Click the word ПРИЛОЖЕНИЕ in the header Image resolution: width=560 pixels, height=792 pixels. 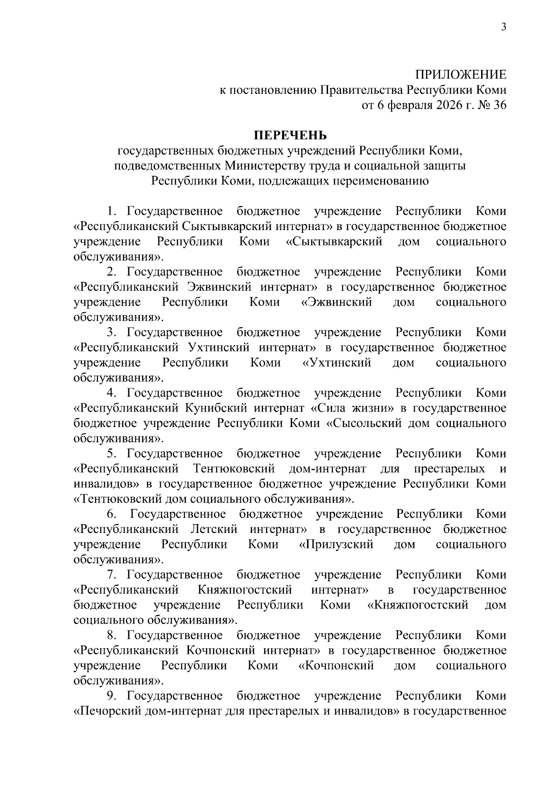pos(461,75)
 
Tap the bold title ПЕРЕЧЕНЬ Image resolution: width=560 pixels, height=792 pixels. pos(290,136)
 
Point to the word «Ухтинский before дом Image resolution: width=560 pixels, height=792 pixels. pos(336,363)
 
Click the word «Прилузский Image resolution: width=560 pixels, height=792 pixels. pos(336,544)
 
